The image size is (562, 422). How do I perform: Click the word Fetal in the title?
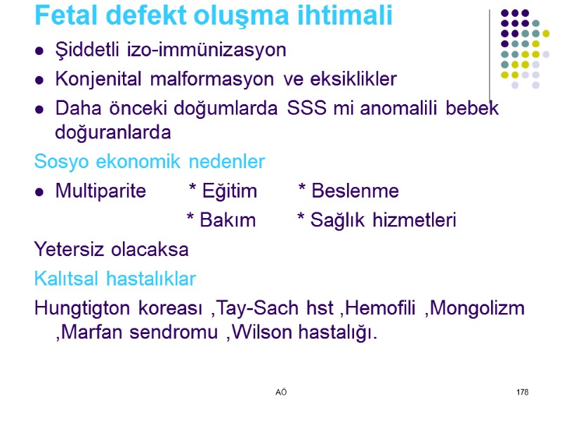click(64, 15)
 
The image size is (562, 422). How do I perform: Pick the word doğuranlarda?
click(112, 132)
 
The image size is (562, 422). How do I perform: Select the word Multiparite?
click(100, 191)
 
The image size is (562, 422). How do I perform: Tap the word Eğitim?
click(229, 191)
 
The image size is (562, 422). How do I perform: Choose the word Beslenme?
click(355, 191)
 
